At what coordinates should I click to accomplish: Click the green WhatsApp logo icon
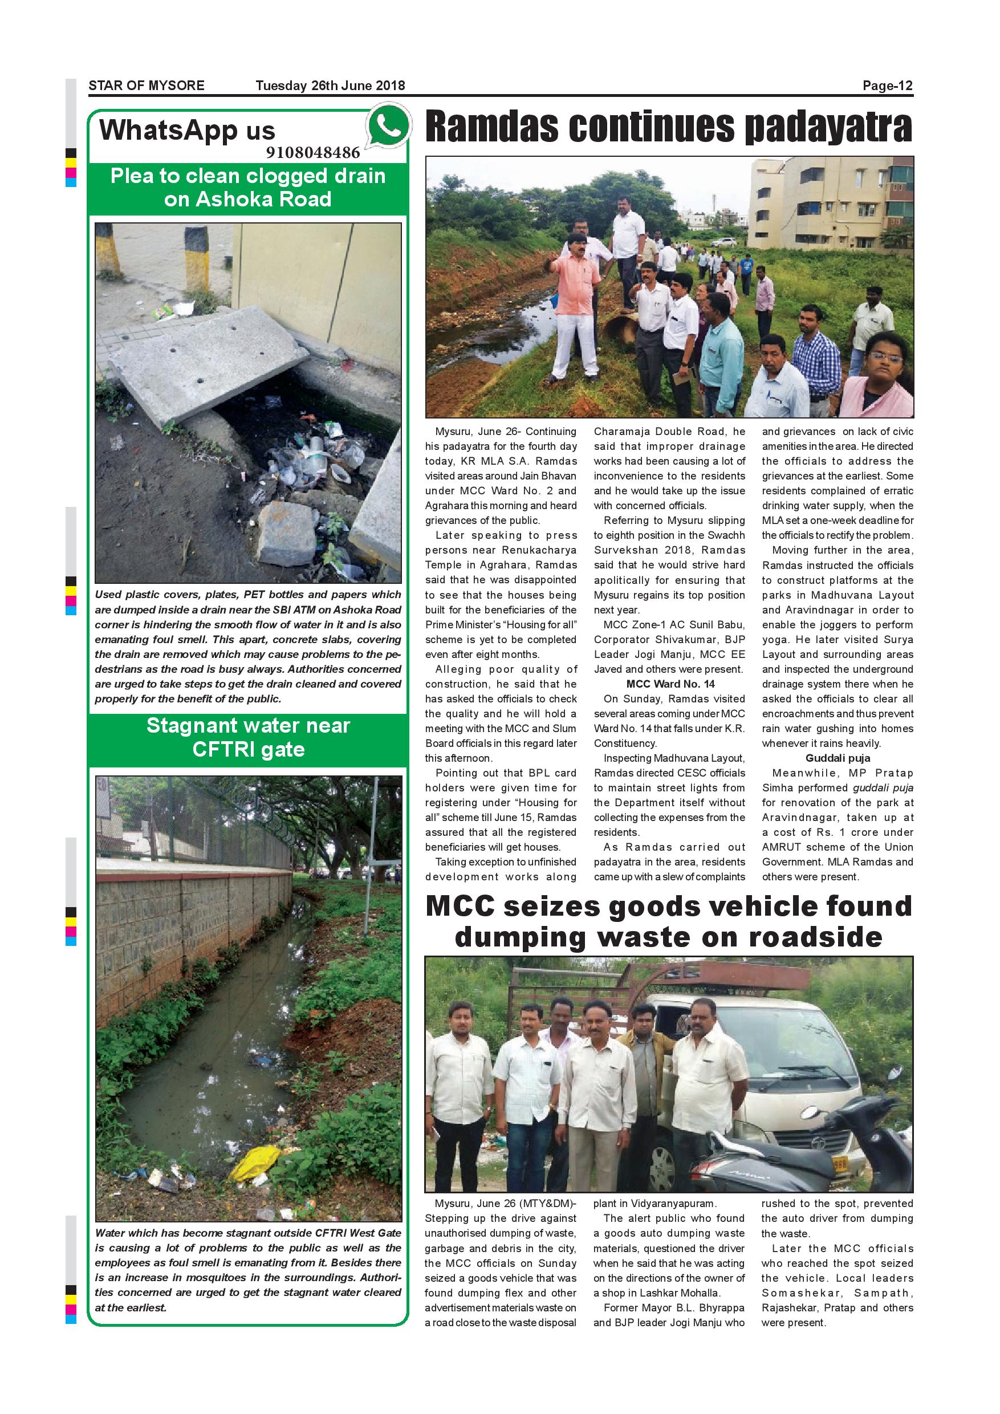(x=387, y=125)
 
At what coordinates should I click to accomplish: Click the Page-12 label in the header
(x=887, y=86)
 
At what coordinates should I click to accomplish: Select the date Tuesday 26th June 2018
(x=330, y=86)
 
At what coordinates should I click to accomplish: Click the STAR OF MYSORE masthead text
(x=147, y=86)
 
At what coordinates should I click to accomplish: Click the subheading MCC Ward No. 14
(x=670, y=684)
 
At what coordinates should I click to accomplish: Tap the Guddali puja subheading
(x=838, y=758)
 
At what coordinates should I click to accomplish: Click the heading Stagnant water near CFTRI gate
(x=248, y=737)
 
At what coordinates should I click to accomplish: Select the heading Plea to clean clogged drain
(x=248, y=176)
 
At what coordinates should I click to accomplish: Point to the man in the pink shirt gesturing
(x=576, y=290)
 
